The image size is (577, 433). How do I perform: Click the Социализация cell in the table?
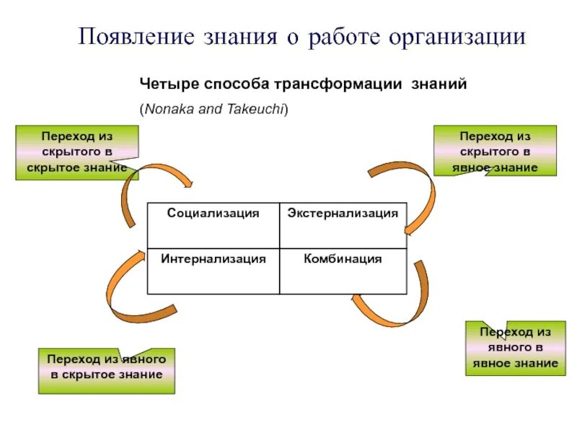[x=213, y=214]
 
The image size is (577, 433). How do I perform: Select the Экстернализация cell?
[x=343, y=214]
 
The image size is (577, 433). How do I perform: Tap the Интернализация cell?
[x=213, y=258]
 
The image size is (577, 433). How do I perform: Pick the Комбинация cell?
[x=343, y=258]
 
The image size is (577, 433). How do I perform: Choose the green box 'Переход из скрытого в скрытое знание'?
[x=76, y=152]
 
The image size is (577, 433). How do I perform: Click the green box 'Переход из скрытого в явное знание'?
[x=495, y=151]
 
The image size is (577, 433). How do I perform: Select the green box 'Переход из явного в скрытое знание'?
[x=106, y=370]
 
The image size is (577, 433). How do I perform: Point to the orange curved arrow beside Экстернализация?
[x=418, y=195]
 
